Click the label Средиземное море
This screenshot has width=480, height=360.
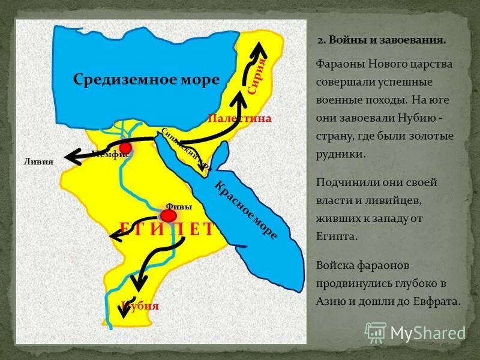tap(146, 79)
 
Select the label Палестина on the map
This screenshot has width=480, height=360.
tap(239, 119)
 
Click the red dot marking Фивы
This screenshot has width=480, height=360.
tap(169, 215)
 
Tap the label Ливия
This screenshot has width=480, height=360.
tap(38, 161)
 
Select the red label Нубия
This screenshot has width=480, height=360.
tap(140, 305)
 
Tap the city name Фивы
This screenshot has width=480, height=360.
tap(178, 206)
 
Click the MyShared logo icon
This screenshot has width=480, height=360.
tap(376, 332)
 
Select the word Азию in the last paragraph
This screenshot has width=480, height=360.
tap(329, 302)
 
